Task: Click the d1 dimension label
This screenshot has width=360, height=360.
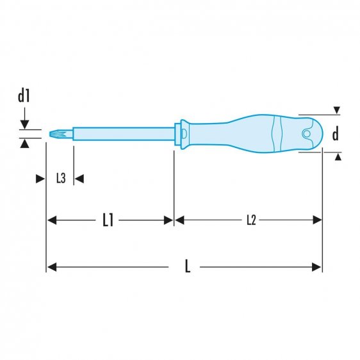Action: pyautogui.click(x=24, y=97)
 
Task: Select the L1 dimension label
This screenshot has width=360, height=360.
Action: pyautogui.click(x=108, y=220)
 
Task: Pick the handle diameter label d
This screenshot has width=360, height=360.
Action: pyautogui.click(x=334, y=133)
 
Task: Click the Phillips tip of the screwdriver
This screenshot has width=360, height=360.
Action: pyautogui.click(x=53, y=135)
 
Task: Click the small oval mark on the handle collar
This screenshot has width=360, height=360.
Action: pyautogui.click(x=182, y=135)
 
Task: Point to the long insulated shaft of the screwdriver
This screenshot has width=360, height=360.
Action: pyautogui.click(x=122, y=135)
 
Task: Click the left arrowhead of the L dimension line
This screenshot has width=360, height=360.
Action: pyautogui.click(x=51, y=266)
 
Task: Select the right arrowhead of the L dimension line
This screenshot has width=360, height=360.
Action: pyautogui.click(x=318, y=266)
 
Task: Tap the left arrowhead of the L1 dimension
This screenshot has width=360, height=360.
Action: pyautogui.click(x=52, y=220)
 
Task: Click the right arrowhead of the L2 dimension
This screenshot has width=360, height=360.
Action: pyautogui.click(x=318, y=220)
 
